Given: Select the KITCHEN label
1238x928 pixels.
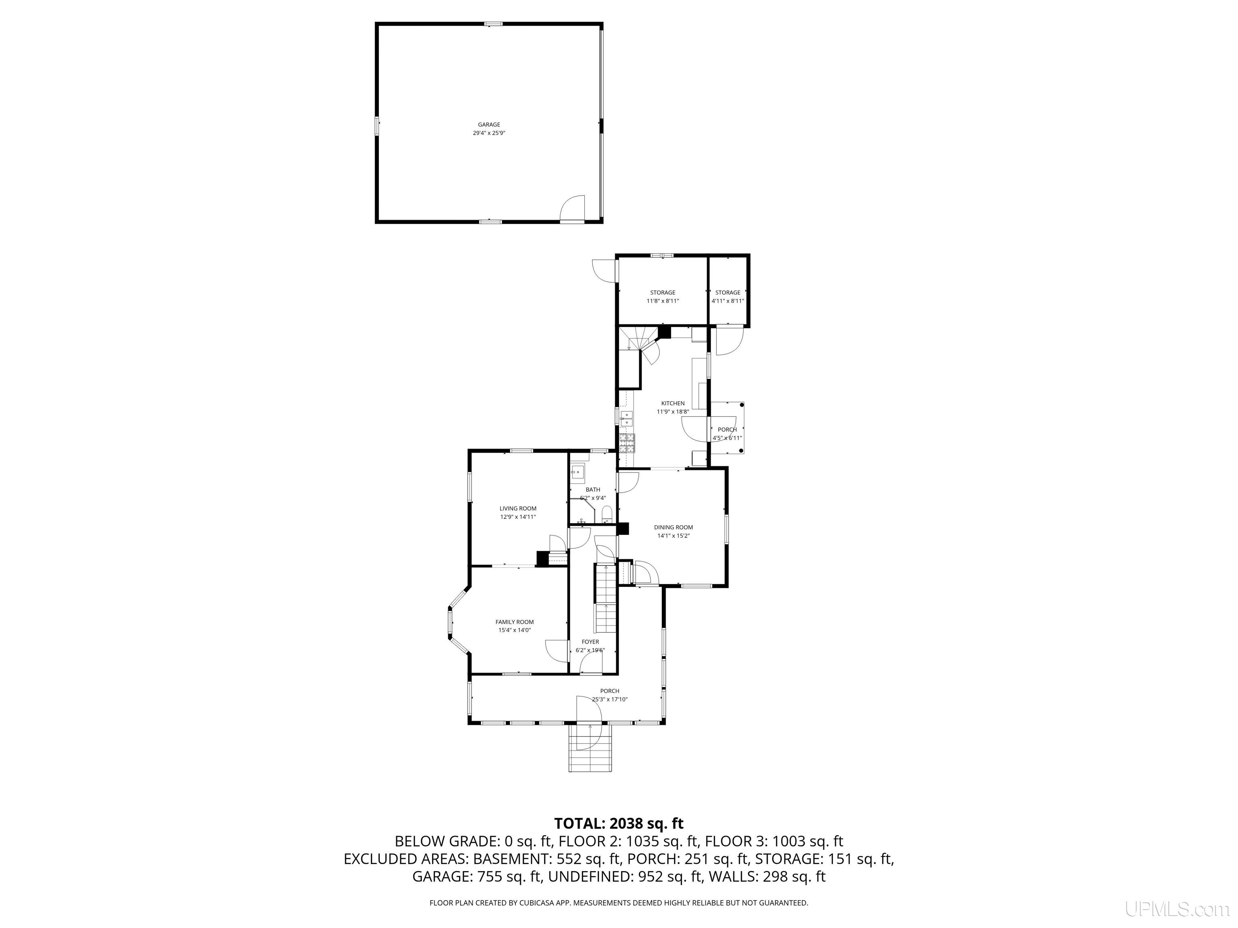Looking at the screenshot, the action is coord(673,403).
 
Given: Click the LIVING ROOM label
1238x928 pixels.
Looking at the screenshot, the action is coord(518,508).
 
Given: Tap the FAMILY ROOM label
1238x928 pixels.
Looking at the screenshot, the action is coord(514,622).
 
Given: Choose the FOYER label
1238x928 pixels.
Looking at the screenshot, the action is coord(590,642).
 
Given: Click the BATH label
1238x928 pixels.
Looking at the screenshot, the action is coord(593,489).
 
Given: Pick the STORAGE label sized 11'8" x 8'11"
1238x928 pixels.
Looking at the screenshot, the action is coord(663,292).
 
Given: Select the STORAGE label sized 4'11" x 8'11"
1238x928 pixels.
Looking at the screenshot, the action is coord(727,292).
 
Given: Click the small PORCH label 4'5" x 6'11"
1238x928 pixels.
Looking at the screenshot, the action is coord(727,430).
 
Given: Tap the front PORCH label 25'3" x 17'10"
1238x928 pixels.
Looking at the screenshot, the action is coord(609,691).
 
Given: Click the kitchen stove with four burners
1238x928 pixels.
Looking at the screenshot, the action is coord(627,443).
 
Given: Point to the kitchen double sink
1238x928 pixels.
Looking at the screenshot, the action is coord(626,418).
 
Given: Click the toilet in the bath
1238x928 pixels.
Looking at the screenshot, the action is coord(607,515).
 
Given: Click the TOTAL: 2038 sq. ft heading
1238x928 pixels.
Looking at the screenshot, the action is coord(619,823).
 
